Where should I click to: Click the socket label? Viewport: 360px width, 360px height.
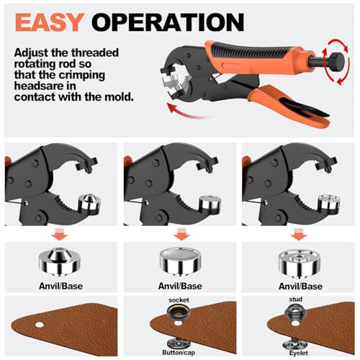point(178,299)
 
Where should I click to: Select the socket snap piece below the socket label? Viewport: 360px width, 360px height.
point(178,315)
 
